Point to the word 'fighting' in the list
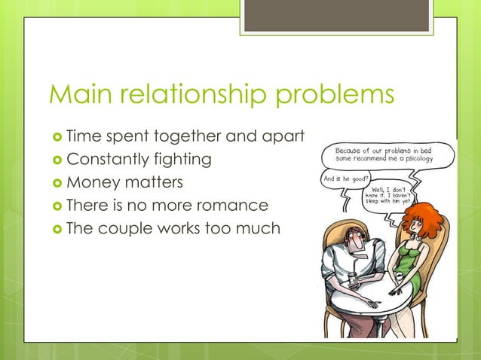point(181,160)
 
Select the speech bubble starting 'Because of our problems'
point(389,155)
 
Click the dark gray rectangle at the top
point(336,14)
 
